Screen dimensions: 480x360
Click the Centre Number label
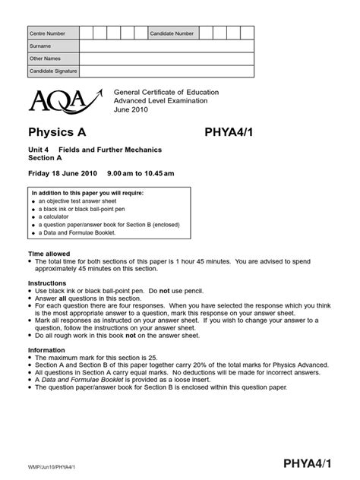coord(47,33)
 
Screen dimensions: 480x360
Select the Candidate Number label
coord(172,33)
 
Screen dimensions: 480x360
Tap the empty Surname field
coord(166,46)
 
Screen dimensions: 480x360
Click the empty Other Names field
coord(166,58)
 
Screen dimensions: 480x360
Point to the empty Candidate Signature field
coord(166,71)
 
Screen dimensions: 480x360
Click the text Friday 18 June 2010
coord(63,173)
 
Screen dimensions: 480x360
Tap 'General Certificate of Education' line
coord(166,92)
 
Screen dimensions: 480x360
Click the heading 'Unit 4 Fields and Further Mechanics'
coord(95,150)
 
